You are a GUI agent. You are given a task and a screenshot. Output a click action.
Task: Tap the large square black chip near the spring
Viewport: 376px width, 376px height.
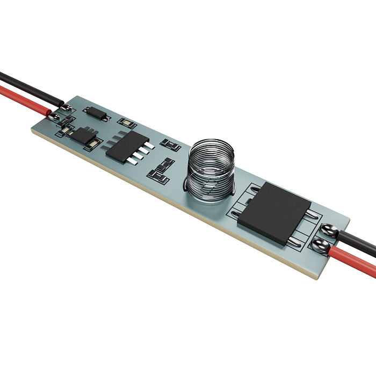(x=274, y=212)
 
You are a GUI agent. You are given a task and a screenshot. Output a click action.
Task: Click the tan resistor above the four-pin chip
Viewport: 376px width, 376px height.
(x=127, y=122)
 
